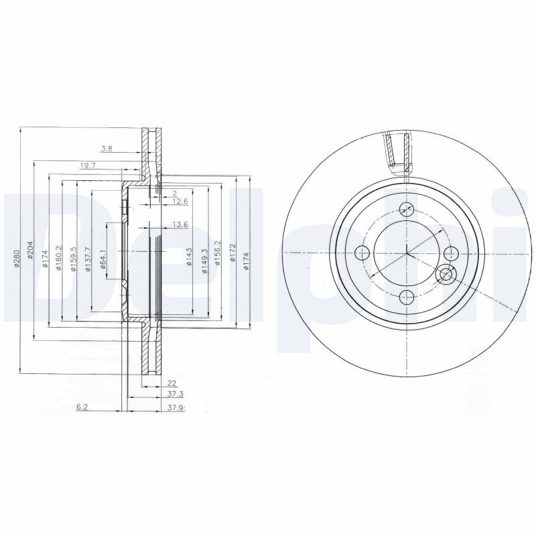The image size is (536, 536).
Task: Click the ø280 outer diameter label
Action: pos(17,259)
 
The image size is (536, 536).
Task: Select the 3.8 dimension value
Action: pos(107,148)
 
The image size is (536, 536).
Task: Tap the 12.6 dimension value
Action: pos(180,200)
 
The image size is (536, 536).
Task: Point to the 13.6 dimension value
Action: pos(180,224)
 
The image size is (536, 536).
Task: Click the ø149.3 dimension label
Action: pos(202,257)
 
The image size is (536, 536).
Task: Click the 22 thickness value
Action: pos(172,383)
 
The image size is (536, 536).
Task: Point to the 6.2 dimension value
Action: pos(82,407)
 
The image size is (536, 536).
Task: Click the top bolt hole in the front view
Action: pos(406,208)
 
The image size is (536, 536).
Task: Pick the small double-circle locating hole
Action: pos(444,275)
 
